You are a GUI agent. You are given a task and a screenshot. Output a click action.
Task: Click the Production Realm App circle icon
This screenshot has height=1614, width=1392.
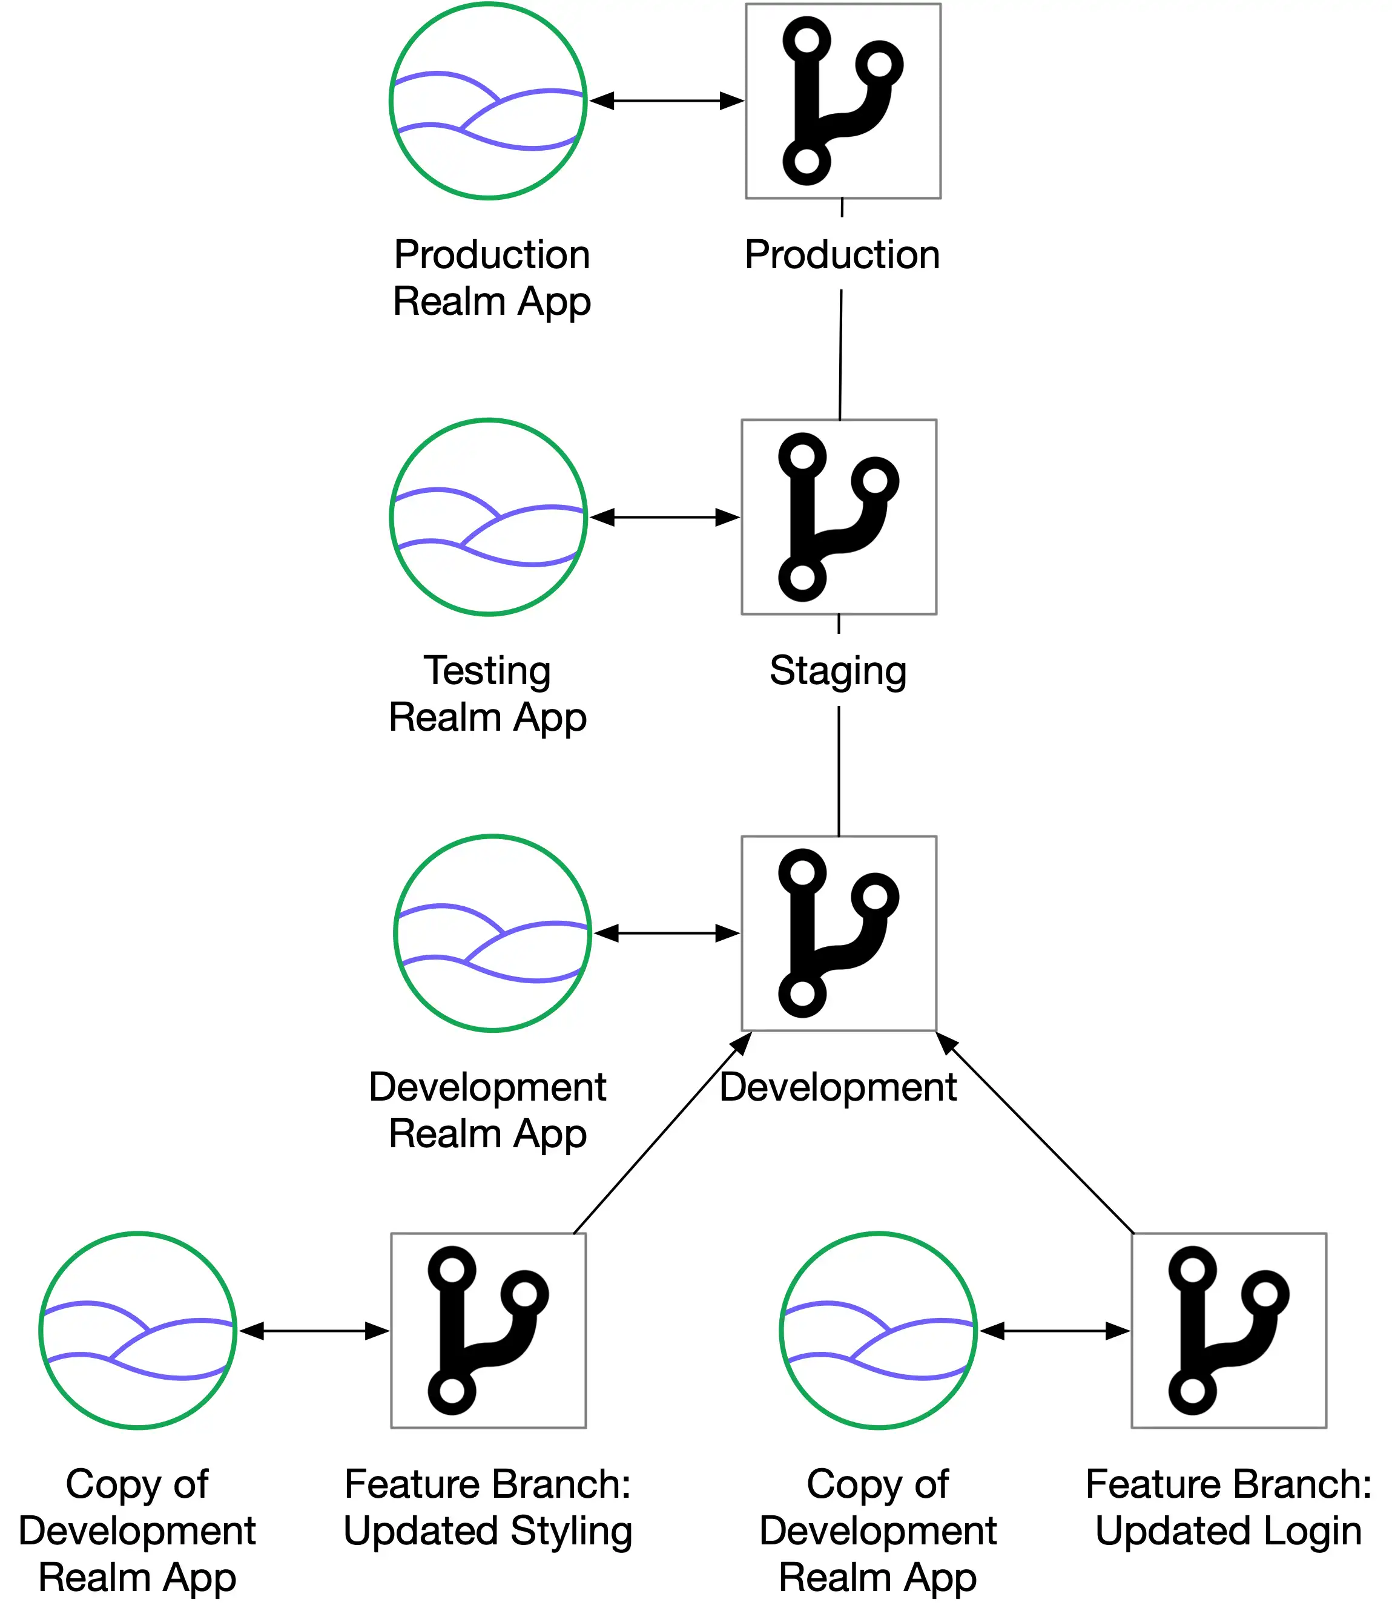tap(487, 100)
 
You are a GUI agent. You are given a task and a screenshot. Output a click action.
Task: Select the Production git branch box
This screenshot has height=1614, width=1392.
tap(843, 100)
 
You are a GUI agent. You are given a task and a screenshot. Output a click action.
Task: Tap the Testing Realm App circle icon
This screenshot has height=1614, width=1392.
tap(487, 517)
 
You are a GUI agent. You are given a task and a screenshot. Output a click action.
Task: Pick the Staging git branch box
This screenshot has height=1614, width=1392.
tap(839, 517)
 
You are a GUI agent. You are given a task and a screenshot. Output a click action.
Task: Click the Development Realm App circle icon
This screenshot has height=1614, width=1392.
tap(492, 933)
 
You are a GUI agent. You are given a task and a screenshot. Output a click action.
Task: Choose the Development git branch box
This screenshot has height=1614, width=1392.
tap(839, 933)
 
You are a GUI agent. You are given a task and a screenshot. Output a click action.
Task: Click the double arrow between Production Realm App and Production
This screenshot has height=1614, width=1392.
tap(667, 100)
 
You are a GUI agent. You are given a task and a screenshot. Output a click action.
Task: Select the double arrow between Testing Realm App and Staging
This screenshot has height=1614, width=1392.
tap(664, 517)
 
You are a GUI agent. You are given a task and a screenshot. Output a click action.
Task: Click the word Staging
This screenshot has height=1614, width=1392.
tap(838, 671)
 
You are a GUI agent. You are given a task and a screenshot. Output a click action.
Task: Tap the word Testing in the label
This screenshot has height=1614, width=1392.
tap(487, 671)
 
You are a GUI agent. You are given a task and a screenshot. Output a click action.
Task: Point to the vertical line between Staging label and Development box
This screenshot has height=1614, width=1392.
tap(839, 771)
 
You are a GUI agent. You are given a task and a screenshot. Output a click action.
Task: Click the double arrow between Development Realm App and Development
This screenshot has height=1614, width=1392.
tap(667, 933)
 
